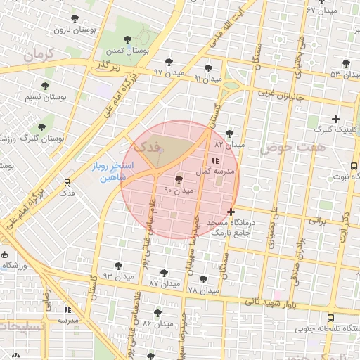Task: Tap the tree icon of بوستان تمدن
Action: (x=127, y=40)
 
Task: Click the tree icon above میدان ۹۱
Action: (x=207, y=67)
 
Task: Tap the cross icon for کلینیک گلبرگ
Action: (x=335, y=119)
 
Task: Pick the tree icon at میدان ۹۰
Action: (x=179, y=179)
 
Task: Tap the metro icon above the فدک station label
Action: (x=67, y=181)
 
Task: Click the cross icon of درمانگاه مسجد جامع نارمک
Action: (x=231, y=212)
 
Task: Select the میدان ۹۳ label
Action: (x=117, y=276)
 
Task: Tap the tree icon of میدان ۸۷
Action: (x=165, y=272)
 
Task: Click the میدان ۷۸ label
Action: (x=203, y=290)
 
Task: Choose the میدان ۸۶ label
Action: (x=157, y=323)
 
